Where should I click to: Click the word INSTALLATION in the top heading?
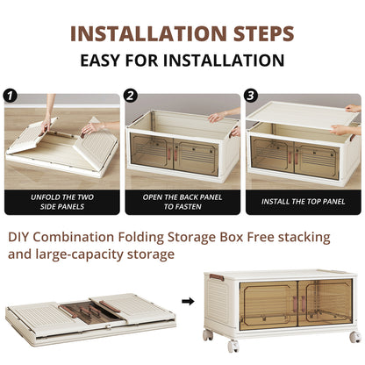tap(143, 34)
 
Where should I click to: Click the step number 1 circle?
tap(11, 96)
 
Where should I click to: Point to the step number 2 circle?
tap(131, 96)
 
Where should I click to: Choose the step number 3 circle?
tap(251, 96)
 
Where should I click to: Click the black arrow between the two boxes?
tap(186, 301)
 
